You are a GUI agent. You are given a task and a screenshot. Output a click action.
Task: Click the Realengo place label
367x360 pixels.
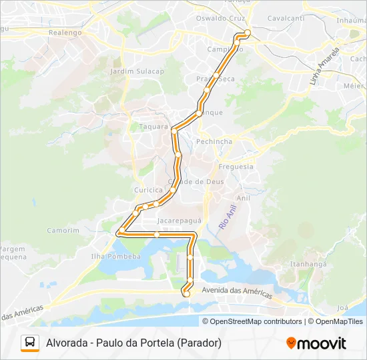pyautogui.click(x=65, y=32)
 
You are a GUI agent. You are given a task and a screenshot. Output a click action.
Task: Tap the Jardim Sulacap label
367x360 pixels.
pyautogui.click(x=137, y=71)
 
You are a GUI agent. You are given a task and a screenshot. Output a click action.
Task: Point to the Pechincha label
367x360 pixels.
pyautogui.click(x=214, y=141)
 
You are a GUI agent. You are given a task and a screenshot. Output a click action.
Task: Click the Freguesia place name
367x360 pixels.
pyautogui.click(x=236, y=167)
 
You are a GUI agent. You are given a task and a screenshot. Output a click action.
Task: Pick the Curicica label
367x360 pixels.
pyautogui.click(x=148, y=189)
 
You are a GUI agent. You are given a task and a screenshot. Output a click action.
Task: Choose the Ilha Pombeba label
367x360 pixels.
pyautogui.click(x=117, y=256)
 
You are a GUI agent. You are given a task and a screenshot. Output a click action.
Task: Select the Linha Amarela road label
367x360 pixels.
pyautogui.click(x=325, y=65)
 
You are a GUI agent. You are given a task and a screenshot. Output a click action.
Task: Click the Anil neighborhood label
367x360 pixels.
pyautogui.click(x=244, y=198)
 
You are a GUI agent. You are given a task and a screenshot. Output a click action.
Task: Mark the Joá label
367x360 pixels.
pyautogui.click(x=343, y=308)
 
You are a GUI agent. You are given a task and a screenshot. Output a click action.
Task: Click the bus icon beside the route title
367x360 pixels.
pyautogui.click(x=30, y=343)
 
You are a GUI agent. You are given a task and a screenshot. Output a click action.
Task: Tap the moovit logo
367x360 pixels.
pyautogui.click(x=316, y=343)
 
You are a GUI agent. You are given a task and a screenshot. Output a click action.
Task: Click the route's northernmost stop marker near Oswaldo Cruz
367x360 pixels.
pyautogui.click(x=248, y=33)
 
